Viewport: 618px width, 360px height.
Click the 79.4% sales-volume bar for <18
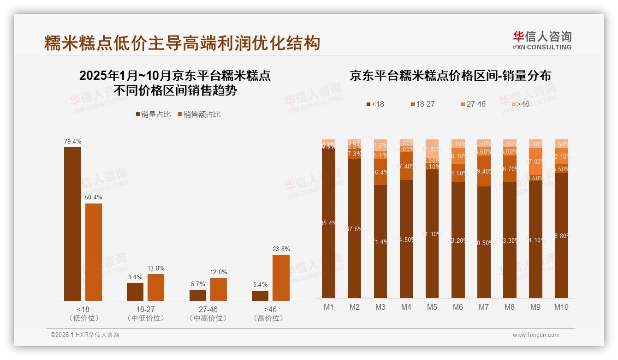[x=72, y=224]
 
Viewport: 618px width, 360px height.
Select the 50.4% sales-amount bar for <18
[x=94, y=252]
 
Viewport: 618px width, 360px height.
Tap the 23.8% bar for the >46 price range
[x=281, y=278]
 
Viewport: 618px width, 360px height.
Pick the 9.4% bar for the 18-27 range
[x=135, y=292]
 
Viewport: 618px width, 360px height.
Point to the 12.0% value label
[x=218, y=272]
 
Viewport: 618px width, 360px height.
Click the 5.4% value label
[x=260, y=284]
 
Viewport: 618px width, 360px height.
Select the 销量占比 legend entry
[x=153, y=114]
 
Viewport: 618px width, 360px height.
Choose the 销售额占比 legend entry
[x=199, y=114]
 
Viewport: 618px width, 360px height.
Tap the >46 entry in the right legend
[x=520, y=104]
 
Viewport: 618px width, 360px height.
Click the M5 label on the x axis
[x=432, y=307]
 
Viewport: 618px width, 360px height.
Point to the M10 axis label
[x=561, y=307]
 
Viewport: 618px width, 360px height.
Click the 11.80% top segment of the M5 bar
[x=432, y=149]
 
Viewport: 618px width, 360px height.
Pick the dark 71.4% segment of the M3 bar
[x=380, y=241]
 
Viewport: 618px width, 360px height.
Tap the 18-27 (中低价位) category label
[x=145, y=313]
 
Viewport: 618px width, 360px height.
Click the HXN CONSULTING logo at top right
[x=542, y=40]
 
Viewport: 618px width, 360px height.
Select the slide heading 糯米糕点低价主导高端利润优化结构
[x=182, y=43]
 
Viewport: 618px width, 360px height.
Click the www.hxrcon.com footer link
[x=535, y=335]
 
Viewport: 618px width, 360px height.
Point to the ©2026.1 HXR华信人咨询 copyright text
[x=84, y=335]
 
